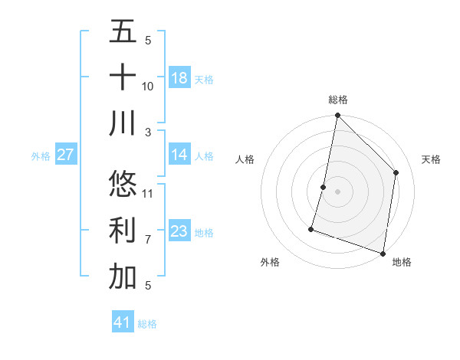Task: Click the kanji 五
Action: point(123,31)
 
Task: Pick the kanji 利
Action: point(123,231)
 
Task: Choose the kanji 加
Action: point(123,277)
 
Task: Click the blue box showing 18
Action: point(179,78)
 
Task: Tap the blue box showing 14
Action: point(179,155)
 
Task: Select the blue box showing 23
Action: point(179,231)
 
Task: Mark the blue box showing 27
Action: point(65,155)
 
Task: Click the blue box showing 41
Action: point(123,322)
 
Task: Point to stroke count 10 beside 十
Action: point(148,86)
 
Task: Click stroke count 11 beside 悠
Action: point(148,193)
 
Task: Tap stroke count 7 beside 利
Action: point(148,239)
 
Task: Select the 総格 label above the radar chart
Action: point(338,100)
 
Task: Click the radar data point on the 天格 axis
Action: point(396,172)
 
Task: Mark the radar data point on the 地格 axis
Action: point(383,253)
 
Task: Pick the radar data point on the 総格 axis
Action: point(337,116)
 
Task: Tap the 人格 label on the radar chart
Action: point(245,159)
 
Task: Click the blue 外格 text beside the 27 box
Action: point(41,156)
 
